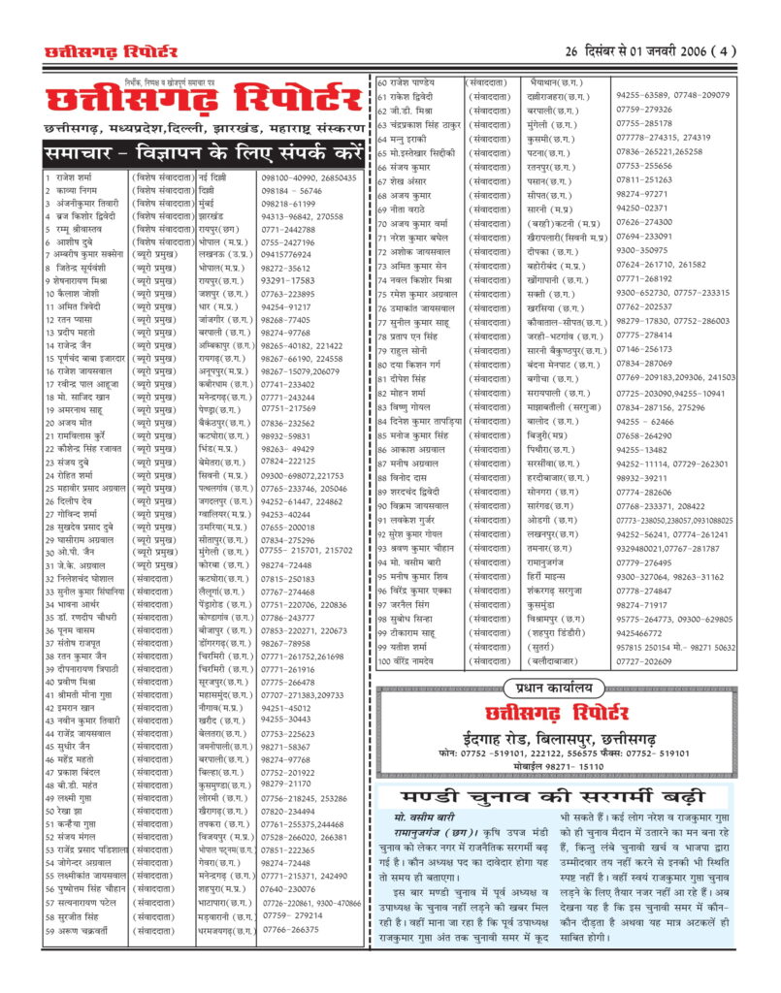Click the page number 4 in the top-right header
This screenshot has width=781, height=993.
pyautogui.click(x=726, y=51)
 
